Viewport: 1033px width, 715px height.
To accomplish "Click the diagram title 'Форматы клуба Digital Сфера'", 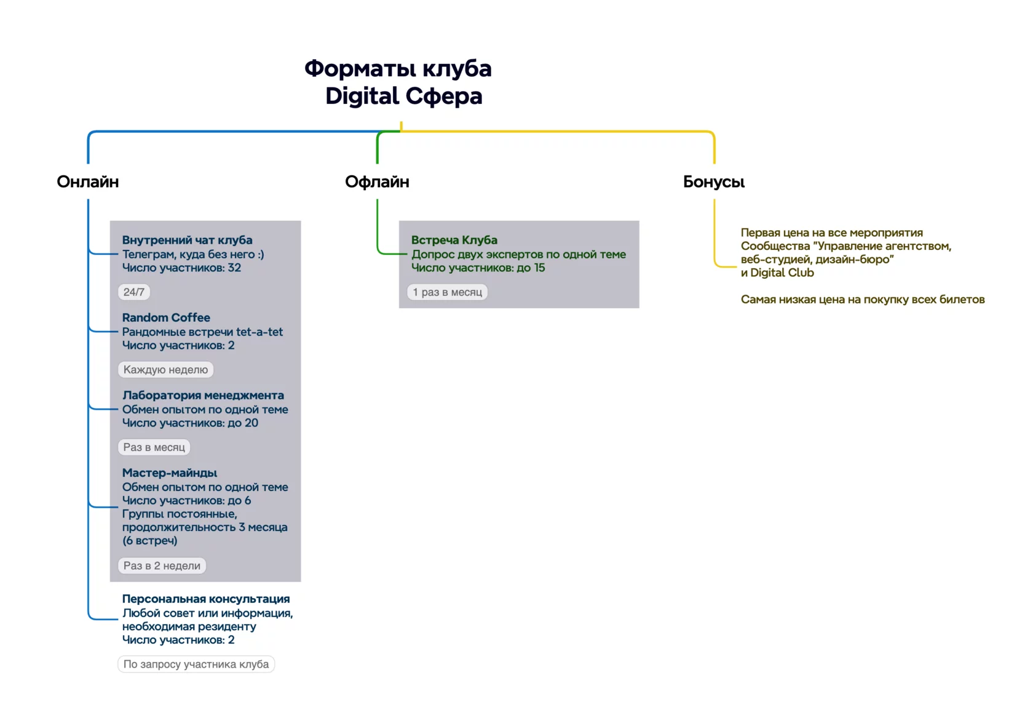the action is coord(398,82).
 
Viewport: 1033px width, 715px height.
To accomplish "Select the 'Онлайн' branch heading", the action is coord(87,182).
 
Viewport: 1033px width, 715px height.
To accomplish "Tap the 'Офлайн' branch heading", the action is coord(378,182).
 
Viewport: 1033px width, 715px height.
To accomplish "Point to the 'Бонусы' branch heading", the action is coord(714,182).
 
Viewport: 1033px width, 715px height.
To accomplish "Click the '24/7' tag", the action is coord(134,292).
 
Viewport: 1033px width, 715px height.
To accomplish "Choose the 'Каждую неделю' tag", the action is coord(165,370).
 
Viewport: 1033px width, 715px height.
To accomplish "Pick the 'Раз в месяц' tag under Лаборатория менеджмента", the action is coord(154,447).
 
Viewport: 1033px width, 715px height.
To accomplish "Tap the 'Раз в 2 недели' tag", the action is coord(162,566).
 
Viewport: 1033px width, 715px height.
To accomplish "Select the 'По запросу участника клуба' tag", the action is coord(196,664).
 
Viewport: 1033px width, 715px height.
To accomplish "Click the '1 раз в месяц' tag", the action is coord(448,292).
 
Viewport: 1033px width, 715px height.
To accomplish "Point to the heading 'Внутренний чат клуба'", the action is coord(187,240).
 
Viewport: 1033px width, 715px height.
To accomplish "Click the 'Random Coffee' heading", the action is coord(166,318).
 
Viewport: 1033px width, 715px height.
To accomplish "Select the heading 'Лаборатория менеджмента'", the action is coord(203,395).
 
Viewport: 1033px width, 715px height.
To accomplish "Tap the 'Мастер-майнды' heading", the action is coord(169,473).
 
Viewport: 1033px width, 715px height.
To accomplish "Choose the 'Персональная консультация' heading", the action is coord(205,599).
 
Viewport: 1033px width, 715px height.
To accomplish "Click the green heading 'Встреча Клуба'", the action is coord(454,240).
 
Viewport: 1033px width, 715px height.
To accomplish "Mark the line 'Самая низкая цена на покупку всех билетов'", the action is coord(862,300).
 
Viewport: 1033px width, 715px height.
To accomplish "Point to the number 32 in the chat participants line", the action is coord(234,268).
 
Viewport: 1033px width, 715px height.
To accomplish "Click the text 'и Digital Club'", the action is coord(777,273).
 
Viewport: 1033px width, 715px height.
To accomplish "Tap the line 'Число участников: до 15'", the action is coord(478,268).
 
